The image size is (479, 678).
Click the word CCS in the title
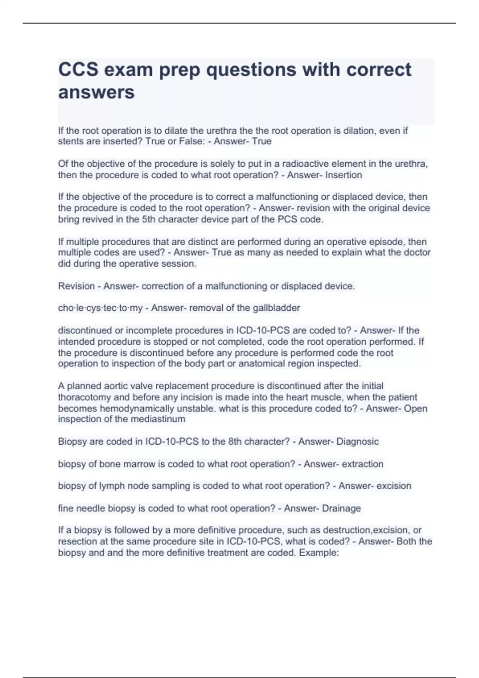[78, 69]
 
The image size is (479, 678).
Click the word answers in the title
[96, 92]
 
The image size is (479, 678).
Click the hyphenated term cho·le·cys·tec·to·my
[100, 308]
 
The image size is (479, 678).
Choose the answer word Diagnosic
[357, 441]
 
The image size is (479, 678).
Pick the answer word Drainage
[341, 508]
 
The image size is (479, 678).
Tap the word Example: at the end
[319, 553]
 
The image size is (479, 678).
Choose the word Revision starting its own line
[76, 286]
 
